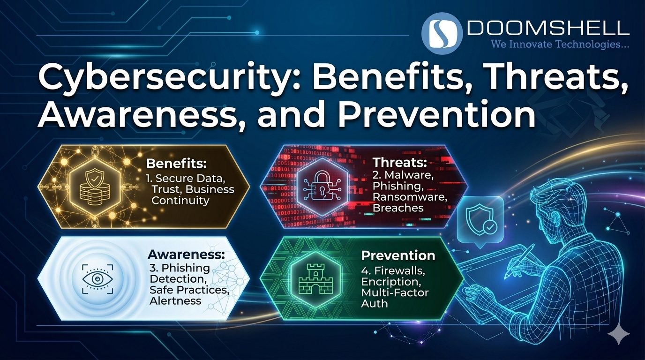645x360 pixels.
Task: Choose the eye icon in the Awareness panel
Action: pyautogui.click(x=98, y=278)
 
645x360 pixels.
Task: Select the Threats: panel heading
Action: pyautogui.click(x=400, y=163)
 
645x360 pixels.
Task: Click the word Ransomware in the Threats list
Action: pyautogui.click(x=410, y=197)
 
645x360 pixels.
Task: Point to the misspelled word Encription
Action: pyautogui.click(x=390, y=282)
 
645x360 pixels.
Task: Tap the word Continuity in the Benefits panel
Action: pyautogui.click(x=180, y=201)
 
